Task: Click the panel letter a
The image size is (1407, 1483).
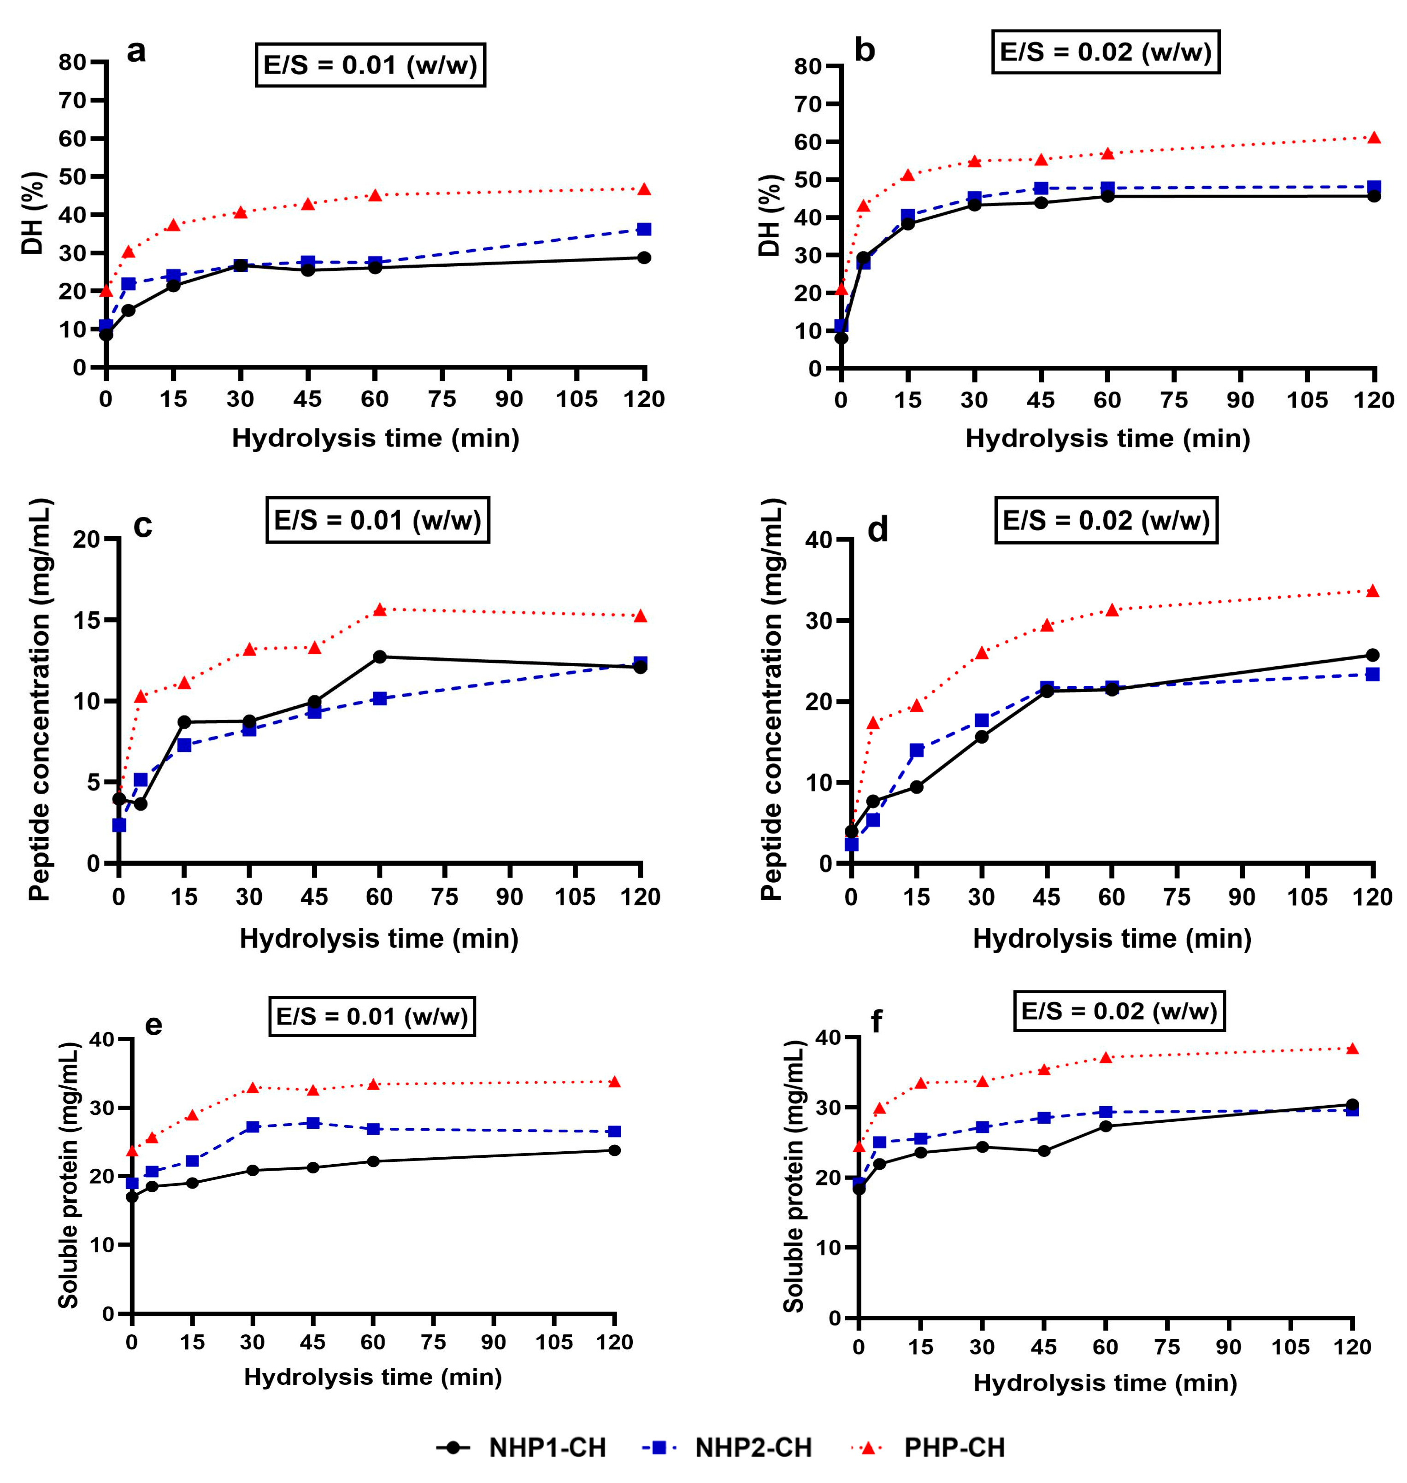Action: point(136,52)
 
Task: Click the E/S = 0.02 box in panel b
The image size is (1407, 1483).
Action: point(1106,52)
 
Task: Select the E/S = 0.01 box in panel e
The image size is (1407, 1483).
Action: point(372,1016)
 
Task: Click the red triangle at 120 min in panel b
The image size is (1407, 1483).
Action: point(1373,137)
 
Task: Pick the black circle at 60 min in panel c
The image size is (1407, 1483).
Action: point(379,657)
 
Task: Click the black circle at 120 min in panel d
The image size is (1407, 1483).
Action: point(1372,655)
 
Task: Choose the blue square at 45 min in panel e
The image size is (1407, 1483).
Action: point(313,1122)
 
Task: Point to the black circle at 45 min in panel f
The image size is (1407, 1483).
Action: point(1044,1150)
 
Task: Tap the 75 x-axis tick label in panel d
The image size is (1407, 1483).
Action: point(1177,897)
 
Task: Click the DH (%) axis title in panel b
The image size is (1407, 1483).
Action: point(770,216)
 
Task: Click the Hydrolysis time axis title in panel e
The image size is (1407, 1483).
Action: point(373,1377)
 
